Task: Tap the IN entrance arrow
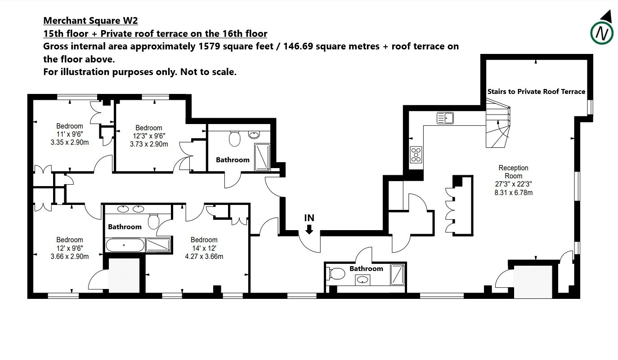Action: [x=309, y=229]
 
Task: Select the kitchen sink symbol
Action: [x=445, y=118]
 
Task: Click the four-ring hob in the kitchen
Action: [x=416, y=155]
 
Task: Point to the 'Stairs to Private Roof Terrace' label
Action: [x=536, y=92]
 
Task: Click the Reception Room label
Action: [x=513, y=172]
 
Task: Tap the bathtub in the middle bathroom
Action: [x=125, y=245]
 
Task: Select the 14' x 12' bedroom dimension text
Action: [x=204, y=248]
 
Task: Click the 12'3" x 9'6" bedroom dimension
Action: [x=149, y=136]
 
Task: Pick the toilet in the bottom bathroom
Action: [x=336, y=274]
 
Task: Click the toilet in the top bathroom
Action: [x=235, y=139]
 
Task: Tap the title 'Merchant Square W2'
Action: [x=90, y=21]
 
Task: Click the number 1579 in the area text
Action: [x=209, y=46]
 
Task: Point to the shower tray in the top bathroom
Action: [x=262, y=157]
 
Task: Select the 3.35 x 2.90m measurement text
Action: [x=70, y=142]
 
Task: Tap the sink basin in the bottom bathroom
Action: [x=362, y=280]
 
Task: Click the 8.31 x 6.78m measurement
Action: [x=514, y=192]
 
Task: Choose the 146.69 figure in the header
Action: [x=298, y=46]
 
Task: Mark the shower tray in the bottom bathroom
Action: [x=398, y=275]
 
